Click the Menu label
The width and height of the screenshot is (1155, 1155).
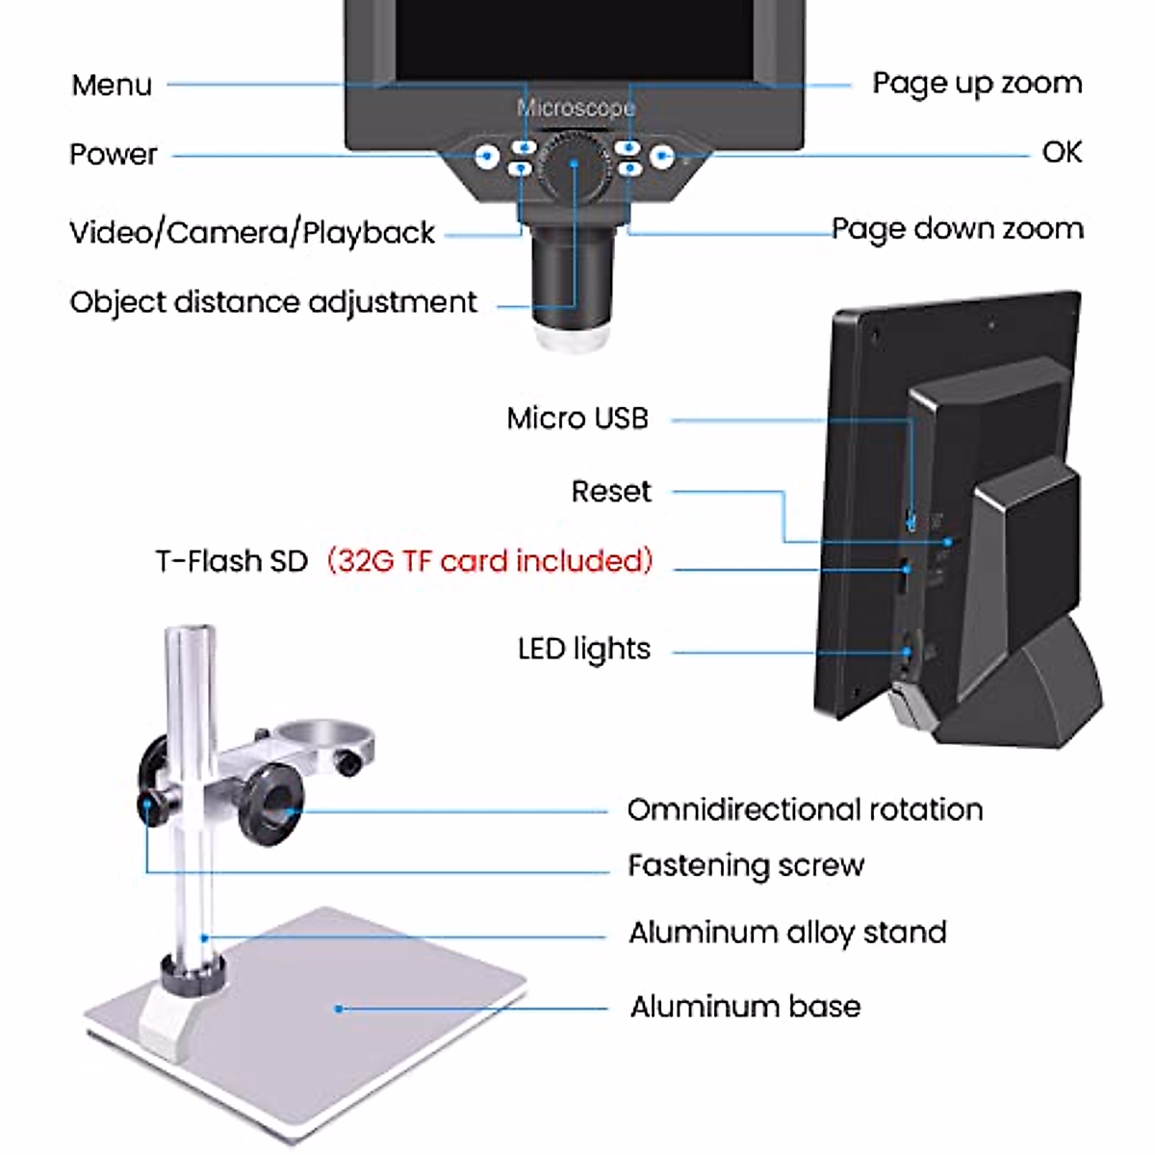coord(112,85)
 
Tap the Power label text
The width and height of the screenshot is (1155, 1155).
coord(113,154)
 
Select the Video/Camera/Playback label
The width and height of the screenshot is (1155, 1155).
coord(252,233)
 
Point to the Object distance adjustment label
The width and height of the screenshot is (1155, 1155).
coord(273,302)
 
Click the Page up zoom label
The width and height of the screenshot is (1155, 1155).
coord(977,84)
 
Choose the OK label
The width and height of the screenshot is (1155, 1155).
coord(1062,152)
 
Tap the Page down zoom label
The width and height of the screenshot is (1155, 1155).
coord(958,229)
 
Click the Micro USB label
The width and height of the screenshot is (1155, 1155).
coord(577,419)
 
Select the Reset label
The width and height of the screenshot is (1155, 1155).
coord(611,492)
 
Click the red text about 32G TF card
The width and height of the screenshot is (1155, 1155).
coord(490,560)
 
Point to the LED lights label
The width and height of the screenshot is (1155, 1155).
coord(584,650)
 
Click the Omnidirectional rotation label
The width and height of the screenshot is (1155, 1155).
coord(805,809)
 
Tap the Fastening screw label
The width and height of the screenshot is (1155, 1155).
coord(746,865)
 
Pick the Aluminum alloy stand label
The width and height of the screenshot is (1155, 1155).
coord(787,933)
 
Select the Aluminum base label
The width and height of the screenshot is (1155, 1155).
coord(745,1007)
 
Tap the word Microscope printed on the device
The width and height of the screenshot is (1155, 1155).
coord(576,107)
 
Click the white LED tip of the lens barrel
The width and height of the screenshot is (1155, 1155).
coord(573,339)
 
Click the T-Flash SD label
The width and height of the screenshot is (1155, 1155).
coord(231,561)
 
